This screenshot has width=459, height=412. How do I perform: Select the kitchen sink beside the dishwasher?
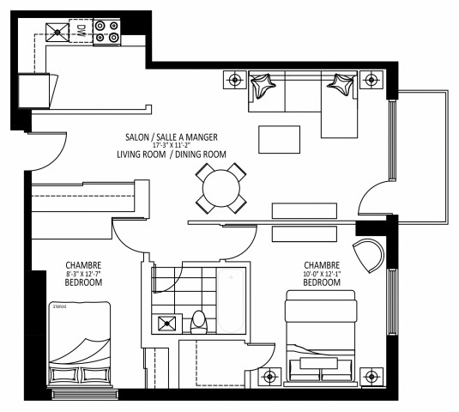tap(57, 33)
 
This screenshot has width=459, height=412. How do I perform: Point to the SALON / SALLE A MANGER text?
tap(169, 136)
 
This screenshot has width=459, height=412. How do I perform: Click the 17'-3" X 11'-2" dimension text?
tap(169, 145)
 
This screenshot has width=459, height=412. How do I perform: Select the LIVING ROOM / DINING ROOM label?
tap(172, 154)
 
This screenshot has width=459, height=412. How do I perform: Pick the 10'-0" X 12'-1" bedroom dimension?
tap(322, 274)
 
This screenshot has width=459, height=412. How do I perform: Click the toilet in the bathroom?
tap(199, 321)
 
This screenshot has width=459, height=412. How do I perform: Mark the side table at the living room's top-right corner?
tap(370, 80)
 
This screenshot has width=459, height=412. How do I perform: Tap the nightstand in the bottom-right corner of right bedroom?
tap(371, 376)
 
